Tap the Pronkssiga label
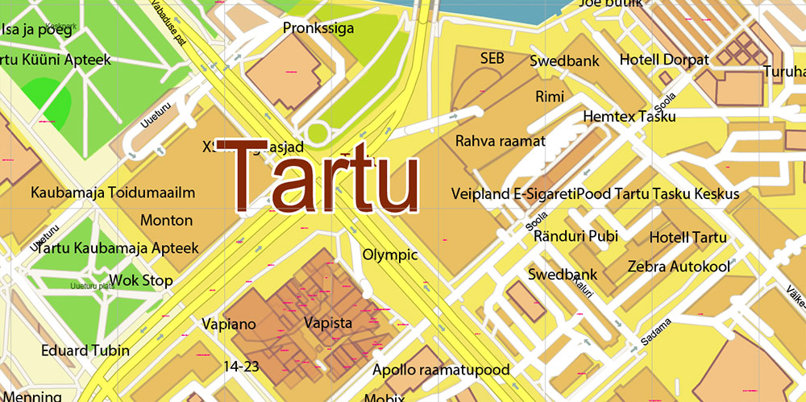click(318, 28)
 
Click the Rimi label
click(550, 97)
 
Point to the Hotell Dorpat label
click(664, 60)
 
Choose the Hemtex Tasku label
click(629, 117)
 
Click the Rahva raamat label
click(501, 141)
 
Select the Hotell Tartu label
click(688, 237)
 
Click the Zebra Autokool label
click(679, 266)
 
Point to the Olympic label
click(390, 255)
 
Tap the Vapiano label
click(229, 325)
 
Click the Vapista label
click(328, 323)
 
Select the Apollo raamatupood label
click(441, 370)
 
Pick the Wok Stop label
click(141, 280)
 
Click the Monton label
click(167, 220)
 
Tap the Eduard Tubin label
click(85, 350)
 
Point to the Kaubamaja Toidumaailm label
click(113, 193)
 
